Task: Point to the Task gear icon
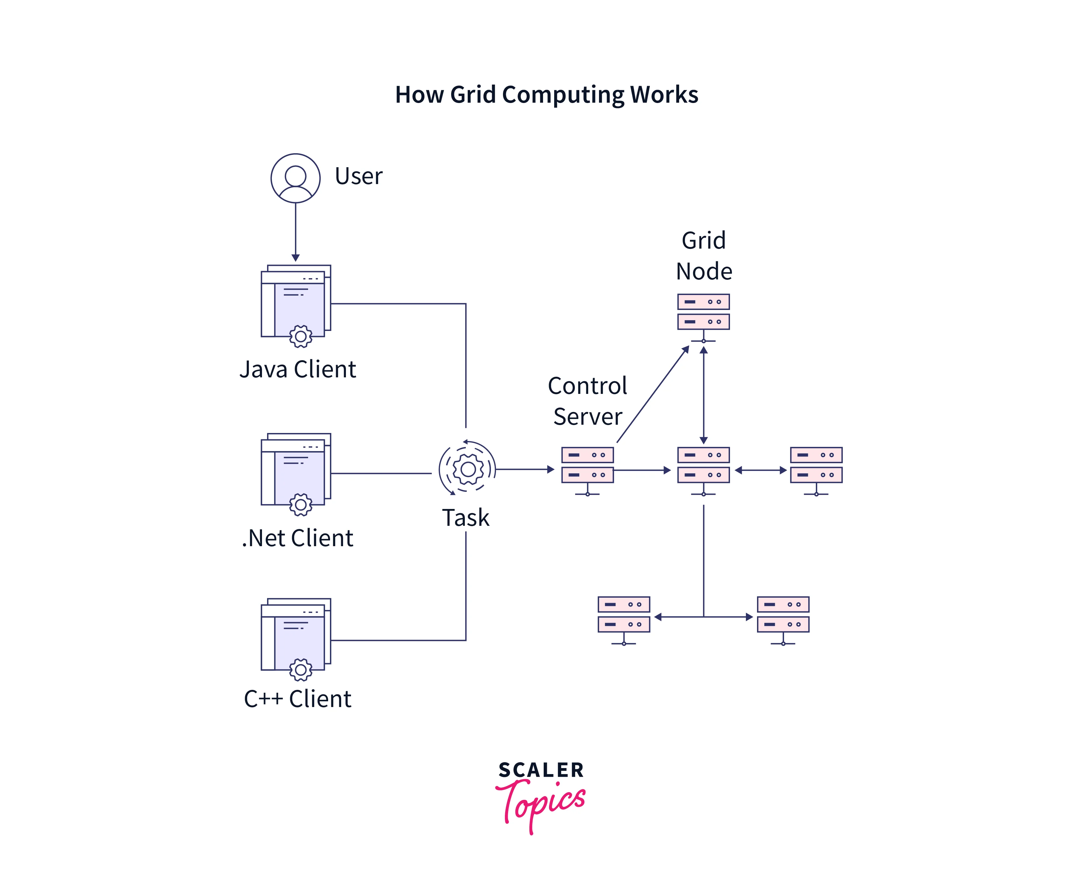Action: (467, 469)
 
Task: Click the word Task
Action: (465, 518)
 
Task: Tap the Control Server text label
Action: (587, 401)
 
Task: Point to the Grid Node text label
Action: (703, 256)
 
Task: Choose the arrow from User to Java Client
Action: (295, 231)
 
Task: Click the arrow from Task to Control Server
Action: (525, 469)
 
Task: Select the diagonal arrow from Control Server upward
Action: (652, 394)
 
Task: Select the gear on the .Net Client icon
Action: (300, 505)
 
